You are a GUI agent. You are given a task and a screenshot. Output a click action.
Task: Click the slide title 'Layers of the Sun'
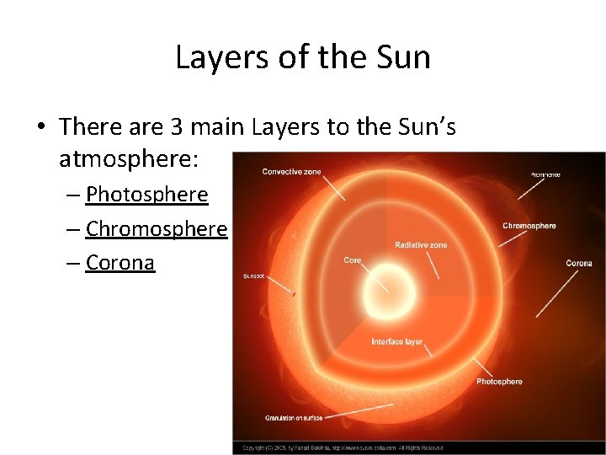click(x=303, y=57)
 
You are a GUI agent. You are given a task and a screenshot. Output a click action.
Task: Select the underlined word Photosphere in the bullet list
click(x=147, y=195)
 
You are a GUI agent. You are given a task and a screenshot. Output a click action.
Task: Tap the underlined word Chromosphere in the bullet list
click(x=157, y=229)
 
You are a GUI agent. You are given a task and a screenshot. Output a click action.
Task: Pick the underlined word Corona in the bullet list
click(x=120, y=263)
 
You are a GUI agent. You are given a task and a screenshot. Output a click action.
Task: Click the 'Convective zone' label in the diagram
click(x=291, y=172)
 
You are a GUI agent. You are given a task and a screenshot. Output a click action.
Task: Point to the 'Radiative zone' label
click(x=421, y=245)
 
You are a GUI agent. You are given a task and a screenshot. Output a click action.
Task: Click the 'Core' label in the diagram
click(x=353, y=260)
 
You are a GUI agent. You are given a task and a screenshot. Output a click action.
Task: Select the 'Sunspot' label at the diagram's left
click(x=253, y=276)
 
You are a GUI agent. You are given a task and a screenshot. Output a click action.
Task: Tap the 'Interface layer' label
click(x=397, y=342)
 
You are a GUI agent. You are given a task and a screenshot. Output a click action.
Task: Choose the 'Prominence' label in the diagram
click(x=545, y=174)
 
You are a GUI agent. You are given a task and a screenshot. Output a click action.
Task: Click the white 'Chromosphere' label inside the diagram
click(x=529, y=226)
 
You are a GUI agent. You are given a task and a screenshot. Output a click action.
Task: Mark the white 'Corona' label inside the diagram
click(x=578, y=264)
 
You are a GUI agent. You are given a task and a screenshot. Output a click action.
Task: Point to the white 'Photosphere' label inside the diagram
click(x=499, y=382)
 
